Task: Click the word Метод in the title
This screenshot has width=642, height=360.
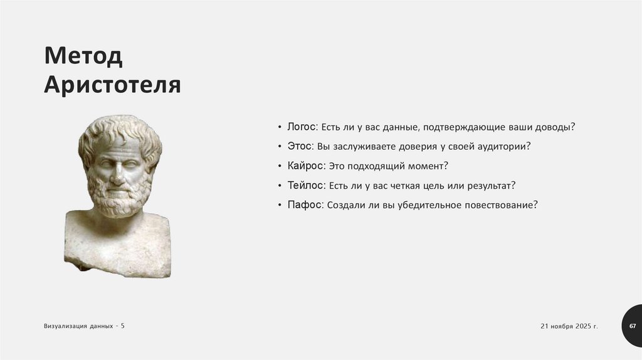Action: point(83,58)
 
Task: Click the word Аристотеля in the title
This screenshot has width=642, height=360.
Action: point(112,85)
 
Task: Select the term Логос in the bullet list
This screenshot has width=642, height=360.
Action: point(302,126)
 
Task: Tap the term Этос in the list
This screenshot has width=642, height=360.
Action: point(299,146)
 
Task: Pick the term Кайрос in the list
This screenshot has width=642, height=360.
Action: point(305,166)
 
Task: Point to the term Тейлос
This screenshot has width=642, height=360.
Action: point(306,185)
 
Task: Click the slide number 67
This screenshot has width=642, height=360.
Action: point(632,327)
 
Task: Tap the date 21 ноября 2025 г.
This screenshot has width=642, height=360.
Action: point(569,327)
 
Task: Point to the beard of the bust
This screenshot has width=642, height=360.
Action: point(119,198)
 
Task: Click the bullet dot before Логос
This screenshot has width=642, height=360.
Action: point(280,127)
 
